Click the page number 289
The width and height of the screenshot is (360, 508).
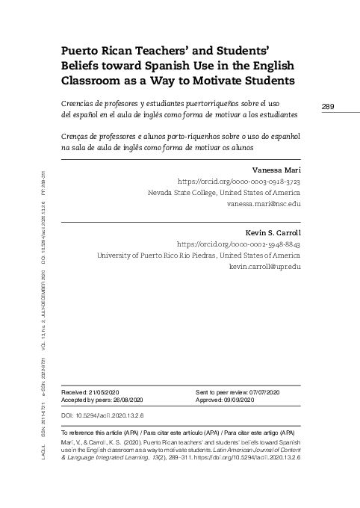pyautogui.click(x=327, y=107)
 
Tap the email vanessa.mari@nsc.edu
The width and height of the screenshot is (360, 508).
pyautogui.click(x=263, y=203)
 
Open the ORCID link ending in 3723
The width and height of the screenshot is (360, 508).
pyautogui.click(x=238, y=182)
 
